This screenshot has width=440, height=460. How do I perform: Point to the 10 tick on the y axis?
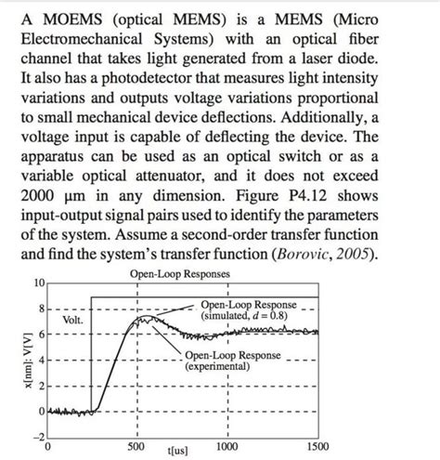[38, 283]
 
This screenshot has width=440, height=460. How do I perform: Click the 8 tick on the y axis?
[41, 308]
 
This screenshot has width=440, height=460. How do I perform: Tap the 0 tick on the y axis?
[41, 410]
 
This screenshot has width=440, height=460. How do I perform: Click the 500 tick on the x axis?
[136, 445]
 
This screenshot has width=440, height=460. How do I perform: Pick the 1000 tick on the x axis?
[226, 445]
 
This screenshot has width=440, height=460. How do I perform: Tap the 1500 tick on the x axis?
[317, 445]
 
